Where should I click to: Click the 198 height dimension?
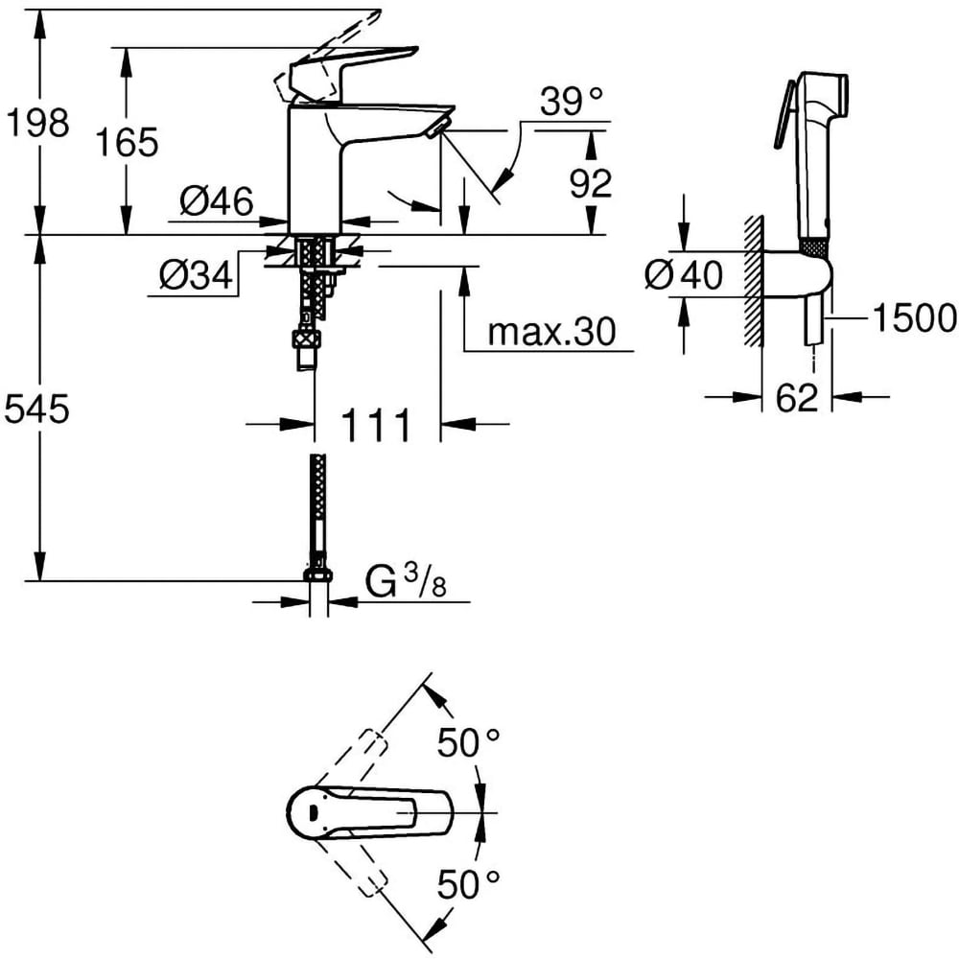click(36, 123)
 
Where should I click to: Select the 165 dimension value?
click(127, 142)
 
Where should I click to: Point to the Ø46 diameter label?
click(216, 202)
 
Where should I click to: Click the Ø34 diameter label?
click(196, 277)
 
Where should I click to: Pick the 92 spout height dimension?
click(591, 182)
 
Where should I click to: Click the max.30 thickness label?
click(550, 333)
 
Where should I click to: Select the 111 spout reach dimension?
click(377, 424)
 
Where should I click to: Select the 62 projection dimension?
click(797, 396)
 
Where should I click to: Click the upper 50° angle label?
click(469, 742)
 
